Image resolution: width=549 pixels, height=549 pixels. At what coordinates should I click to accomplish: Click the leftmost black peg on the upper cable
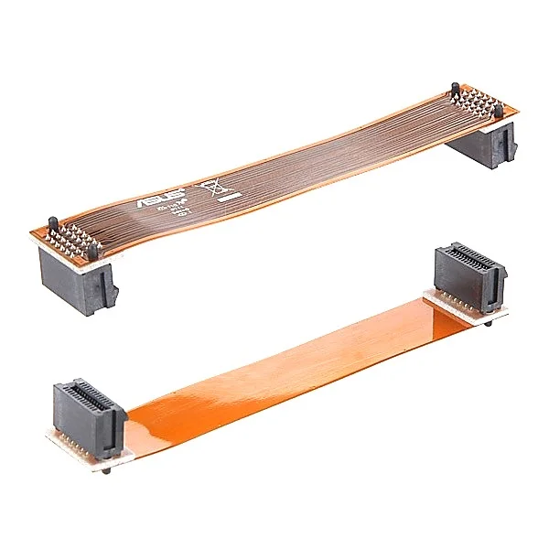pyautogui.click(x=52, y=225)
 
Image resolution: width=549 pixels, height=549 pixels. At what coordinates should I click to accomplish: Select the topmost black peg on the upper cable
pyautogui.click(x=455, y=92)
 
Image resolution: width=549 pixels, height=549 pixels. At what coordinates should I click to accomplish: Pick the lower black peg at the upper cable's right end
pyautogui.click(x=498, y=112)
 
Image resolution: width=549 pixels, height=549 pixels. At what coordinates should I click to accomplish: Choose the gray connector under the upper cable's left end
pyautogui.click(x=79, y=279)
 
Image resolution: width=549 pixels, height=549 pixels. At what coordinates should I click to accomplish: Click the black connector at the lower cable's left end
pyautogui.click(x=89, y=417)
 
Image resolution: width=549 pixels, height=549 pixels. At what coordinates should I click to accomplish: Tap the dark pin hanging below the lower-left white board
pyautogui.click(x=108, y=469)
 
